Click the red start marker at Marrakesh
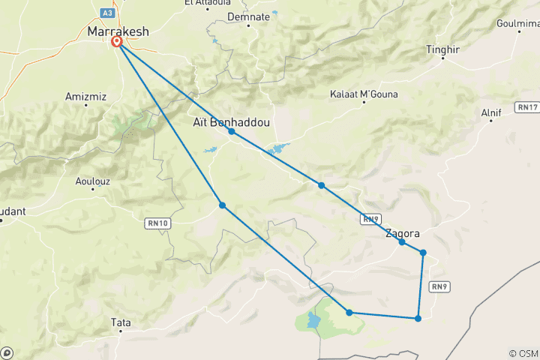118,42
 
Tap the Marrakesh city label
118,31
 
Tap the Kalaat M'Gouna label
364,94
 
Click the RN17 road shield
527,108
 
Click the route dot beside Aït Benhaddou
232,131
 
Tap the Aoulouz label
92,181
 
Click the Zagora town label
402,233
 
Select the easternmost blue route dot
424,253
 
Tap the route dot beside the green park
349,312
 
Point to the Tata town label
120,322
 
